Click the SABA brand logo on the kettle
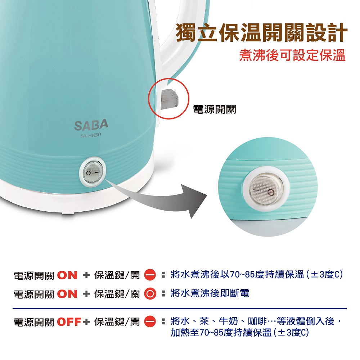(x=91, y=125)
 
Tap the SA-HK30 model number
(x=90, y=136)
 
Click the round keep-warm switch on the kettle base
(x=93, y=172)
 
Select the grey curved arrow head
(x=195, y=200)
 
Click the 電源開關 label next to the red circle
(x=215, y=109)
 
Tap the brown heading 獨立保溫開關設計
(x=261, y=33)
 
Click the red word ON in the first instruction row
(x=67, y=275)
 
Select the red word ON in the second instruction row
(x=67, y=294)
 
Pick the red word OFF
(x=69, y=322)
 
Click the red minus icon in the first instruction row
(x=150, y=275)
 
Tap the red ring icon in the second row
(x=150, y=294)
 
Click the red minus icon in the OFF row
(x=150, y=321)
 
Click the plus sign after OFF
(x=86, y=322)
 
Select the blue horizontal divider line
(x=180, y=309)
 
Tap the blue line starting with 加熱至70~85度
(x=240, y=332)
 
